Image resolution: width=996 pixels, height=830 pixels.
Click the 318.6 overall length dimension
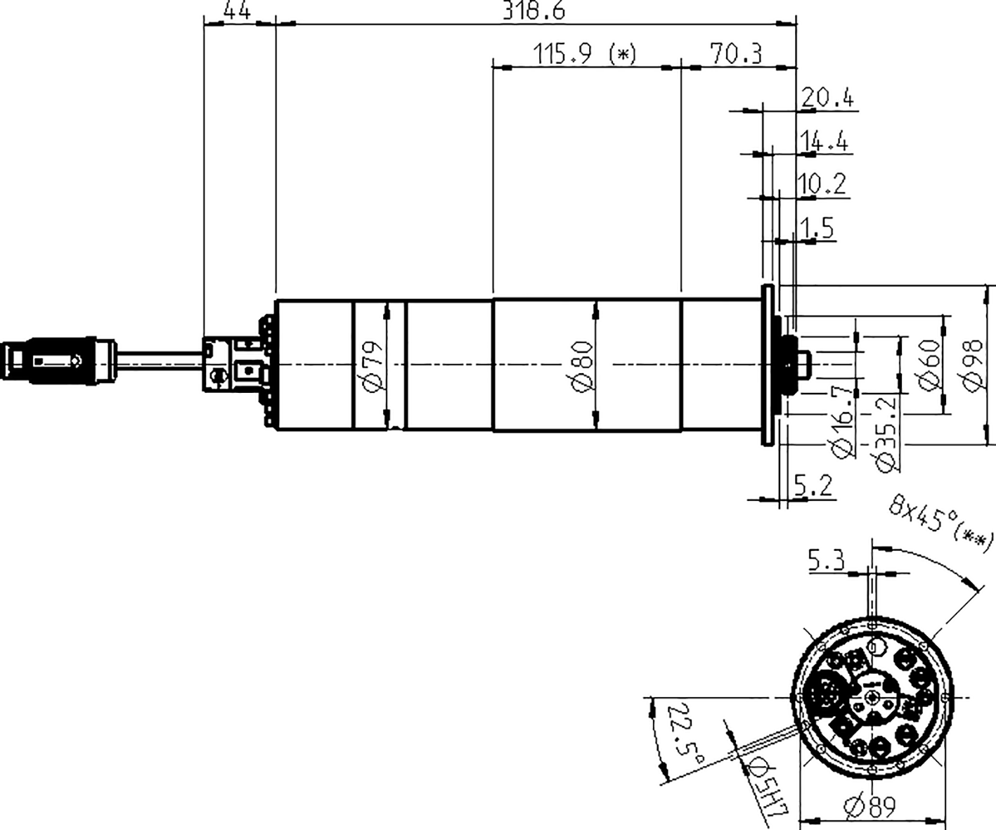point(534,11)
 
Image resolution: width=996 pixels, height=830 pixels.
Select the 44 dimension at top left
point(237,11)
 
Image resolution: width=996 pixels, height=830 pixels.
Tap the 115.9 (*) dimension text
point(584,54)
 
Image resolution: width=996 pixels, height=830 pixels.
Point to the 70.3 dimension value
point(735,54)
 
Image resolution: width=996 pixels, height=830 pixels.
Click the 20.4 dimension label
point(827,98)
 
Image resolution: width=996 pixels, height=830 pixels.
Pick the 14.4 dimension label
point(824,142)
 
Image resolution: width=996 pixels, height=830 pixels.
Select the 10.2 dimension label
point(822,184)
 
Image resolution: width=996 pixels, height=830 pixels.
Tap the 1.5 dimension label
point(816,228)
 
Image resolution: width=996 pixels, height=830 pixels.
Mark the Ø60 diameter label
point(929,365)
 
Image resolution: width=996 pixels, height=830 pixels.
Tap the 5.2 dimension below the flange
point(813,486)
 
